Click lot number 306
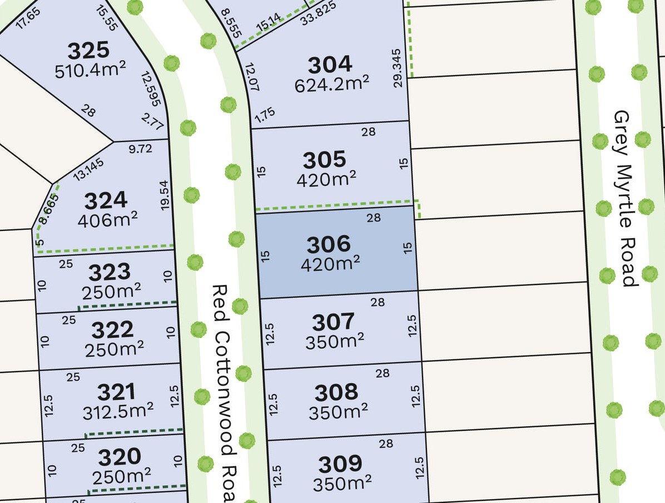coord(329,244)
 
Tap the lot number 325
coord(88,51)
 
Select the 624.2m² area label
coord(331,83)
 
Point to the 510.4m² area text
coord(90,71)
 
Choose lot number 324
coord(105,200)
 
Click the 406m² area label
coord(108,220)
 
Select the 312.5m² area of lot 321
coord(118,412)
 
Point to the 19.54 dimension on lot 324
coord(164,194)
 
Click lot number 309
coord(340,463)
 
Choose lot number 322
coord(112,330)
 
